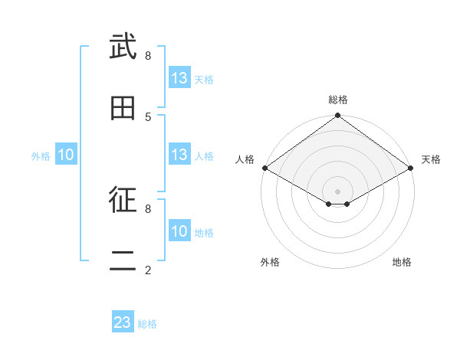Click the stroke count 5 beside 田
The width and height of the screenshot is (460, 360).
coord(148,116)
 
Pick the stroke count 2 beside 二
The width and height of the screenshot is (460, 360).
coord(148,270)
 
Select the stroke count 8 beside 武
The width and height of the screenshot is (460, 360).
coord(148,55)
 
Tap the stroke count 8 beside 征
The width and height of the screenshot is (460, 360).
coord(148,208)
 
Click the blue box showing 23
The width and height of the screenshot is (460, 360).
coord(123,322)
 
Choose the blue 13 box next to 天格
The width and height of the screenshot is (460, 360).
coord(179,78)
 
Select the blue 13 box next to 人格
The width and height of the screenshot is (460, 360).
coord(179,155)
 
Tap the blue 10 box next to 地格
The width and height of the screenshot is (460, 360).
coord(179,231)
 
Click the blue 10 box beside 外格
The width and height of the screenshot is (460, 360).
coord(66,155)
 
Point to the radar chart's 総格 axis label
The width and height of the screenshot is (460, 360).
coord(337,100)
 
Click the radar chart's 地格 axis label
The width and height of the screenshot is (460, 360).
coord(402,262)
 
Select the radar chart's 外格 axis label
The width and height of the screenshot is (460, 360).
coord(270,262)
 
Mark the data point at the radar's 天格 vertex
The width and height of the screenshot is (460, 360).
coord(412,168)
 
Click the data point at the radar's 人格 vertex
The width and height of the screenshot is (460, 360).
coord(264,168)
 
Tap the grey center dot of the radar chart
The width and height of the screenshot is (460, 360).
coord(337,191)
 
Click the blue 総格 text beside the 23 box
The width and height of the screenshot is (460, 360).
coord(147,324)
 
